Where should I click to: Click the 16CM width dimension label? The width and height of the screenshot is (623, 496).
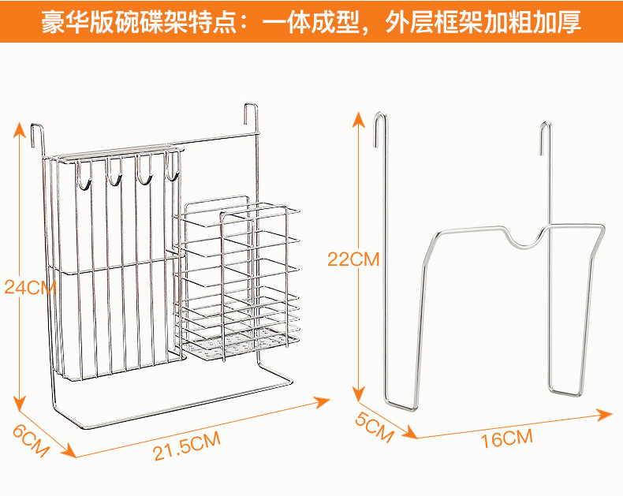(506, 438)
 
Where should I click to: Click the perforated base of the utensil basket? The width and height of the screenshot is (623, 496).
(241, 344)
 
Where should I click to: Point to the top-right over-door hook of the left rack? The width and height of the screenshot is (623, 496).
(252, 114)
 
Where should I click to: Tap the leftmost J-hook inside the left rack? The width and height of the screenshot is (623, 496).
(83, 177)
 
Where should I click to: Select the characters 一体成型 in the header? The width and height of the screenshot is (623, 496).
(308, 21)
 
